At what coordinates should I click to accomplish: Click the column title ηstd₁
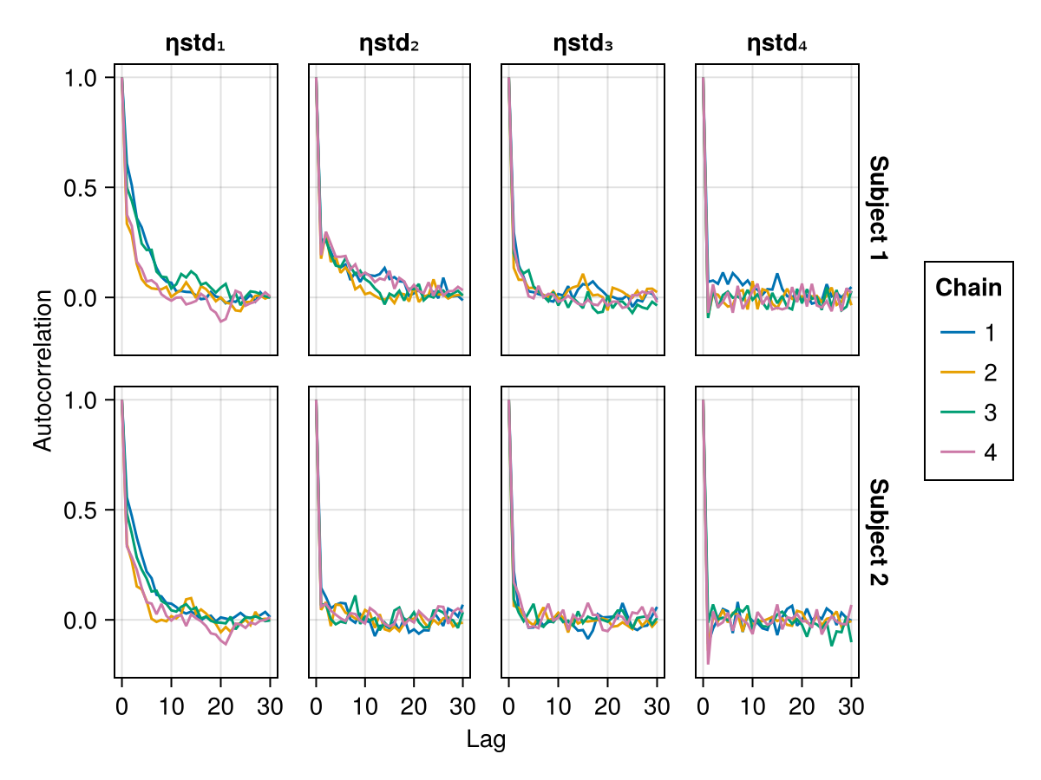pyautogui.click(x=195, y=44)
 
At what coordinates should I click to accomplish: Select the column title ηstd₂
pyautogui.click(x=390, y=44)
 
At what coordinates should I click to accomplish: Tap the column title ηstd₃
pyautogui.click(x=583, y=44)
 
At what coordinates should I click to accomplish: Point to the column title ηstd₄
pyautogui.click(x=777, y=44)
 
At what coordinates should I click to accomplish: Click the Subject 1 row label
pyautogui.click(x=878, y=211)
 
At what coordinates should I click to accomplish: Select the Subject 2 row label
pyautogui.click(x=878, y=532)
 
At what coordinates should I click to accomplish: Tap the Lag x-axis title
pyautogui.click(x=486, y=739)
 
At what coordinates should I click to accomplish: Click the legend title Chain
pyautogui.click(x=968, y=288)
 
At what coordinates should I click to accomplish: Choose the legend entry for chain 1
pyautogui.click(x=968, y=332)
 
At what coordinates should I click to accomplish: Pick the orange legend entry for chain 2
pyautogui.click(x=968, y=373)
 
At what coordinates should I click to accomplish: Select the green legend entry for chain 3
pyautogui.click(x=968, y=413)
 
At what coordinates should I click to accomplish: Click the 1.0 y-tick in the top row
pyautogui.click(x=84, y=78)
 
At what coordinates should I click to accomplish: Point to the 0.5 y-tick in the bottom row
pyautogui.click(x=84, y=510)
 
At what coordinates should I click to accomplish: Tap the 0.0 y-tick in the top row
pyautogui.click(x=84, y=298)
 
